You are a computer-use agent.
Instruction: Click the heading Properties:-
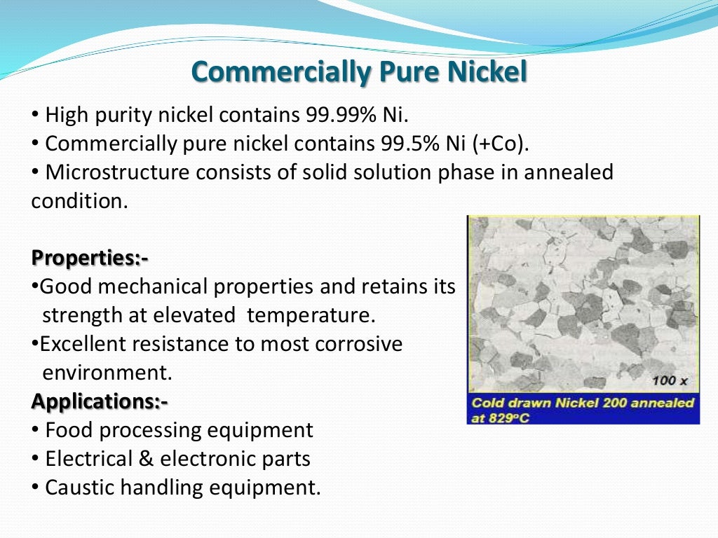pos(90,258)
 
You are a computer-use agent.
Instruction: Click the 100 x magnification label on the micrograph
pos(669,380)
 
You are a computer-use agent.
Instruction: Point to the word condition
pos(79,201)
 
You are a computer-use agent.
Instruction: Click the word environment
pos(107,373)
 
